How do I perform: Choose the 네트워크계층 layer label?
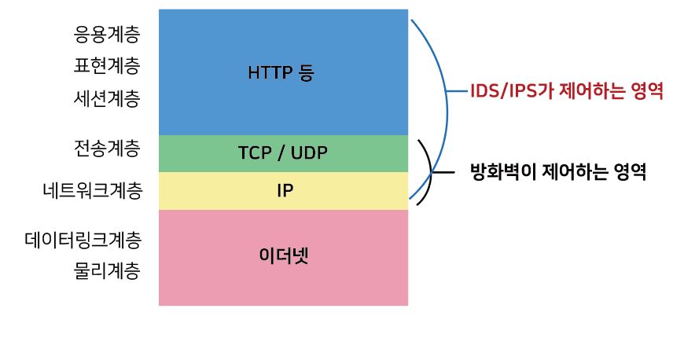(94, 190)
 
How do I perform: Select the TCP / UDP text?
(282, 152)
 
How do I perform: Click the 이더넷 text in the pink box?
(284, 255)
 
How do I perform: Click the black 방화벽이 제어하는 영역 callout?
(557, 171)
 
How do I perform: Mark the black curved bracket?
(429, 172)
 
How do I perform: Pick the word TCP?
(253, 152)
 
